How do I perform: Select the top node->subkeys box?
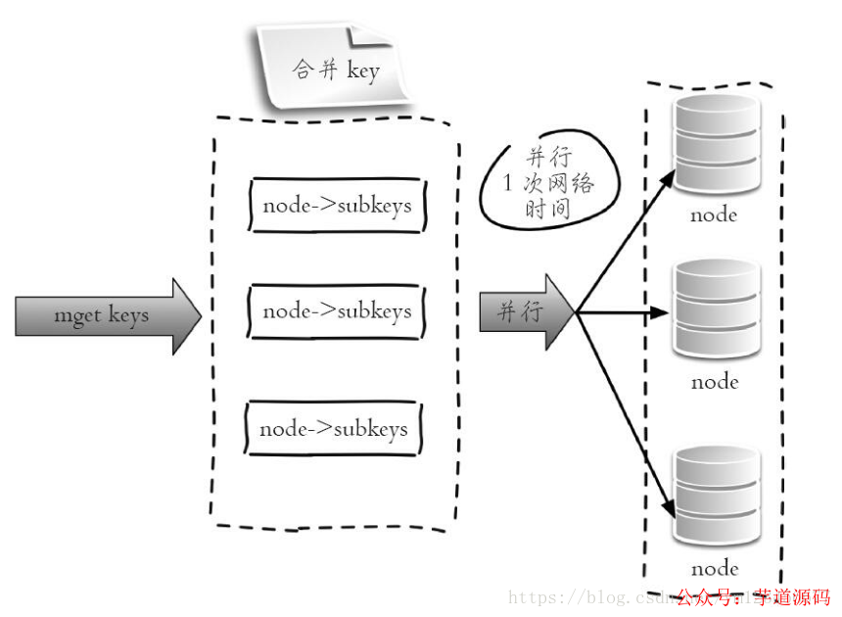[337, 206]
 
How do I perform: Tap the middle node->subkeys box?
[337, 311]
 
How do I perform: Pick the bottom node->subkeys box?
[333, 429]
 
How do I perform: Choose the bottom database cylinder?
[717, 496]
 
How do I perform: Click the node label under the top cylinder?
[714, 215]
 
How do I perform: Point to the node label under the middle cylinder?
[715, 382]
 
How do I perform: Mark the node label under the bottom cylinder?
[715, 569]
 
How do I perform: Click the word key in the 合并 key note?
[363, 71]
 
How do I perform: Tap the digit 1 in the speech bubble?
[508, 183]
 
